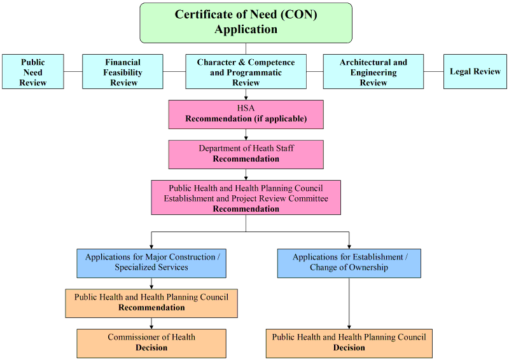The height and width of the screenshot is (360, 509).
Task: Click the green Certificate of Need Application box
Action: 246,22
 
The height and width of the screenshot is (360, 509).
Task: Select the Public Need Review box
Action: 32,71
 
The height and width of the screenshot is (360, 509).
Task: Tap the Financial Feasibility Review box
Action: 123,71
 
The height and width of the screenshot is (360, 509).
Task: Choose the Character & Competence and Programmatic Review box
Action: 246,71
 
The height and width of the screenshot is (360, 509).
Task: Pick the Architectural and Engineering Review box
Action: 373,71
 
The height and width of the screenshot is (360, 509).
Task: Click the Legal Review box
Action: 475,71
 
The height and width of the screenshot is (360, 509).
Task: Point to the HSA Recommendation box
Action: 246,114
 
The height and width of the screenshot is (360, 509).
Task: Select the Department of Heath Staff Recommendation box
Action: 246,154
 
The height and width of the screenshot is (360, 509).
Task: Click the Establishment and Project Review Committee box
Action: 246,198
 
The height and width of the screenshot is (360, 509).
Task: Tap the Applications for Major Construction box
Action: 151,263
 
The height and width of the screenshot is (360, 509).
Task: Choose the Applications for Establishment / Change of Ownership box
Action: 349,263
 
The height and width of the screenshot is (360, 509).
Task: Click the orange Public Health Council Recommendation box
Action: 151,303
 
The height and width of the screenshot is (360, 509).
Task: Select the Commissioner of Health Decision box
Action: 151,343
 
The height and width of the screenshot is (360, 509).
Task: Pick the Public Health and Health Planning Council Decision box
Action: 349,343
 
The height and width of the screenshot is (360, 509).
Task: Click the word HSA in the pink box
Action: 246,109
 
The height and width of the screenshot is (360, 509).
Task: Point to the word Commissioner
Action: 133,337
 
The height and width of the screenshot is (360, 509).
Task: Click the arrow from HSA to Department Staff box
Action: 246,134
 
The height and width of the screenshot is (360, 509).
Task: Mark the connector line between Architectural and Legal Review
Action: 433,71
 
